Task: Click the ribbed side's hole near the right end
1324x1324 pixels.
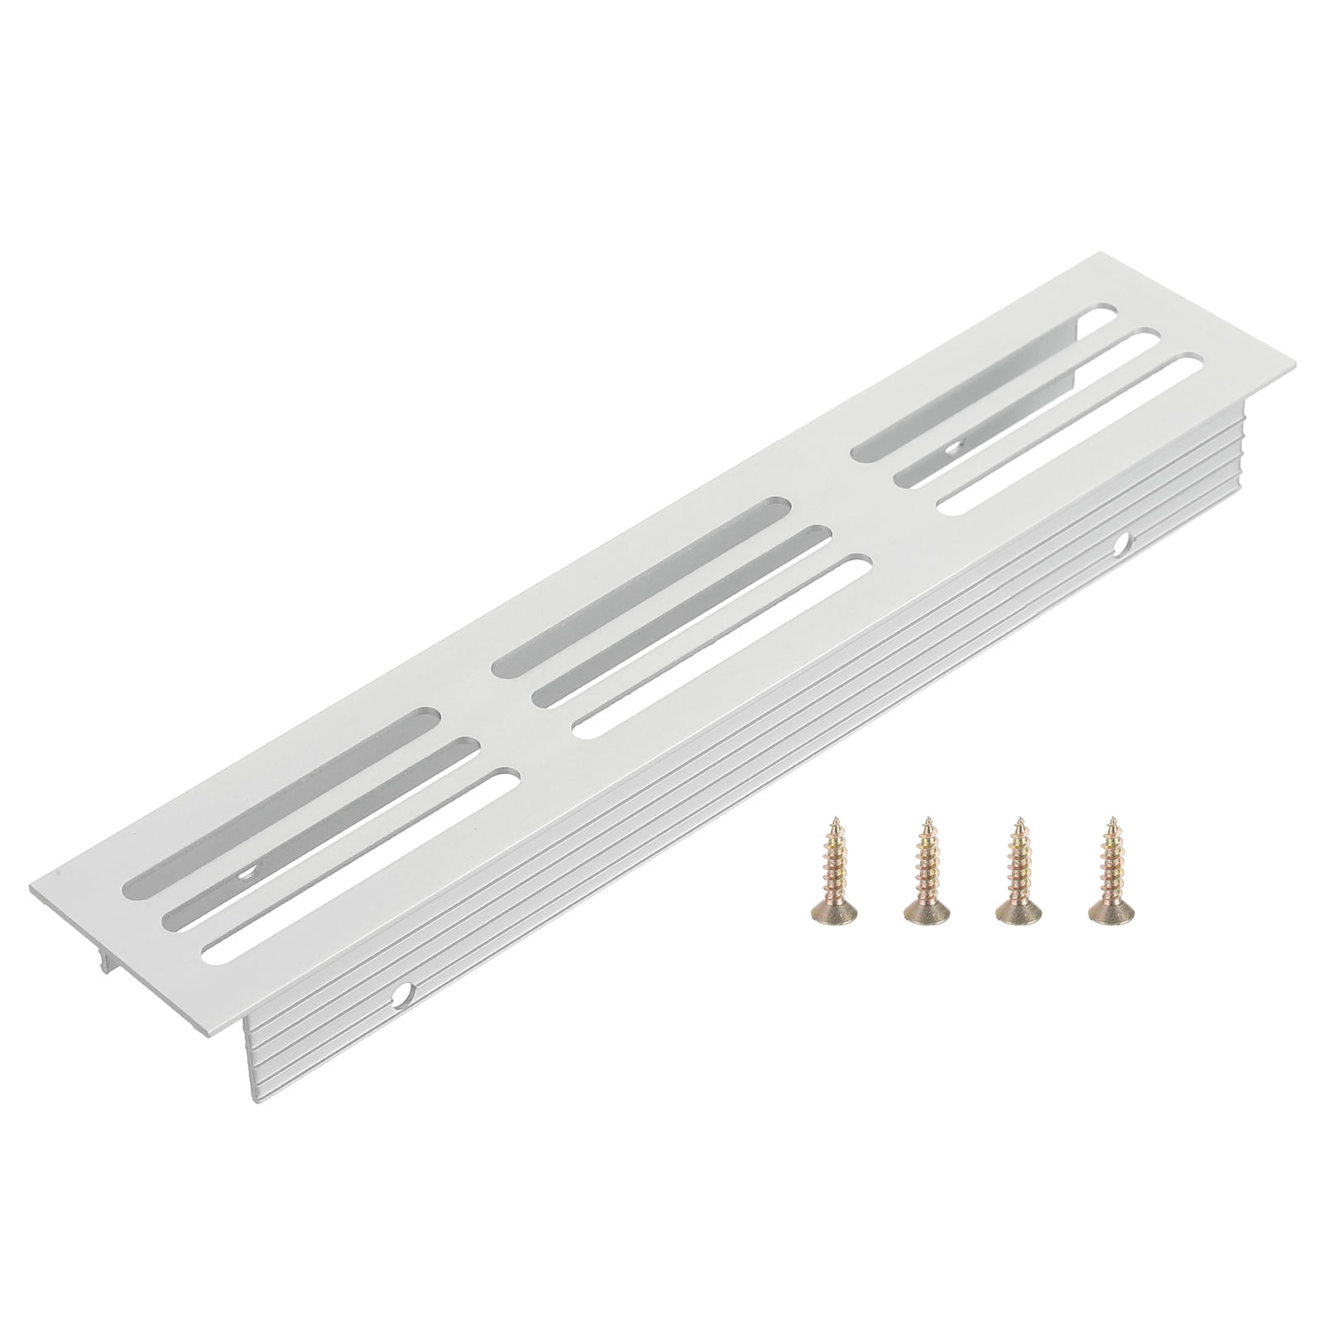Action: pyautogui.click(x=1122, y=544)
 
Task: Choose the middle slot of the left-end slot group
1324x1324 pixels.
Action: pyautogui.click(x=323, y=828)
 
